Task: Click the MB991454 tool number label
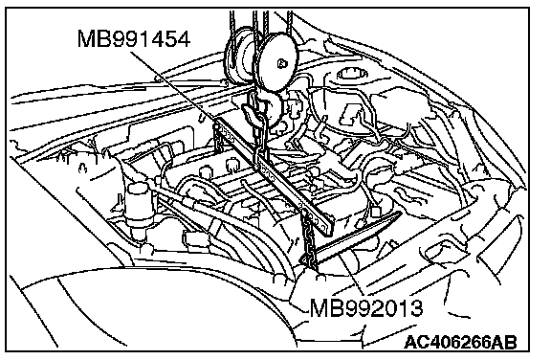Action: (134, 38)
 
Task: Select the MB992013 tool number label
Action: (366, 308)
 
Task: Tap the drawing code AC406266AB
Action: (461, 342)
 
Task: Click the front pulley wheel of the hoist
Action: (278, 62)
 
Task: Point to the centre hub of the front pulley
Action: (281, 63)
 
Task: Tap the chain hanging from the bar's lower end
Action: (309, 239)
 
